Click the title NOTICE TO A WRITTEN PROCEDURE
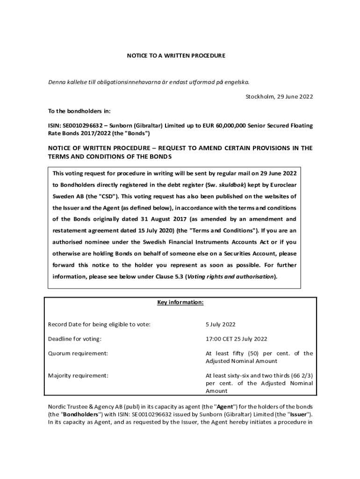coord(176,56)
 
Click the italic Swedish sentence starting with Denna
coord(149,82)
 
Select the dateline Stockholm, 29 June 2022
coord(279,97)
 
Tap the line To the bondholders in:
coord(79,111)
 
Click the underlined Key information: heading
coord(180,302)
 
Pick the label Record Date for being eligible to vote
coord(99,325)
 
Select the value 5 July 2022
coord(220,325)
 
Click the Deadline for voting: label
coord(75,339)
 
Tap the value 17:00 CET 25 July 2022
coord(237,339)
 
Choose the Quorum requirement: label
coord(78,353)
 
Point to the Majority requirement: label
coord(78,375)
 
